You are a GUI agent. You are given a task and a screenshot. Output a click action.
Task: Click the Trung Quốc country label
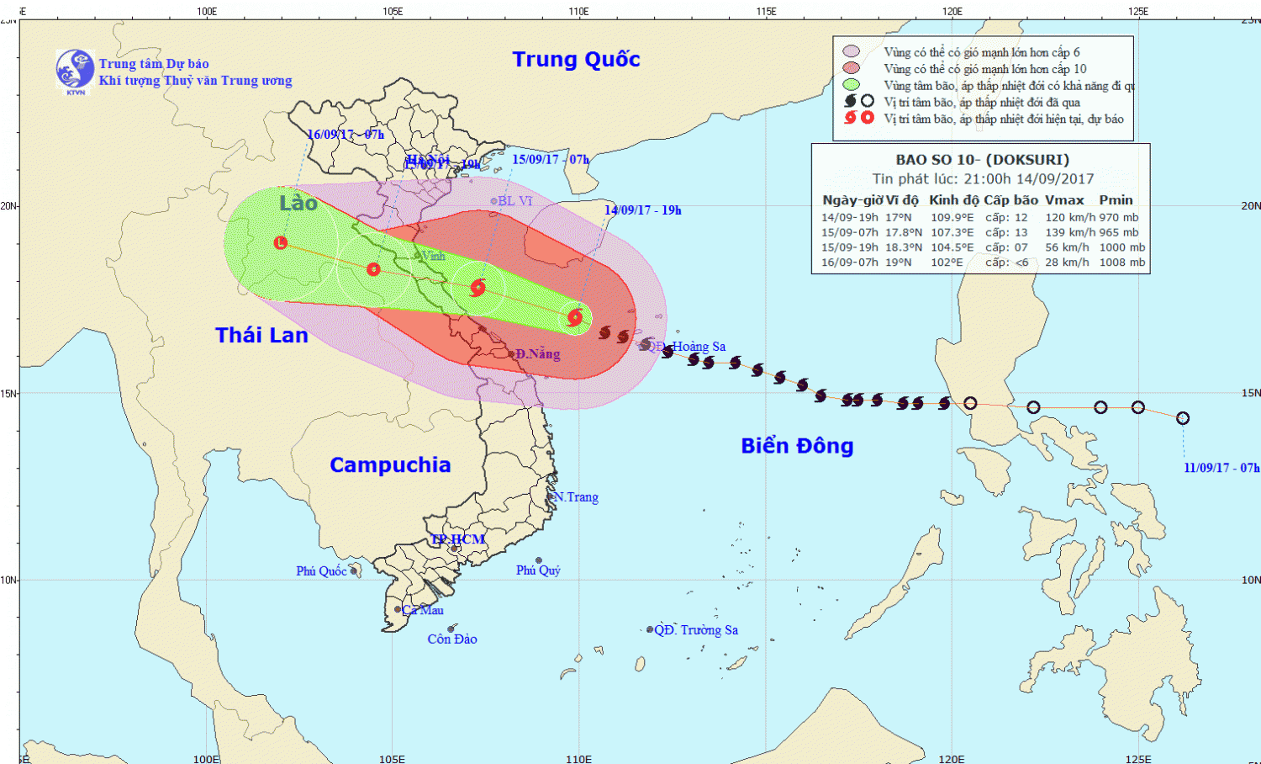coord(576,60)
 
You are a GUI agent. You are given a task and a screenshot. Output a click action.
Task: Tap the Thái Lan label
coord(261,336)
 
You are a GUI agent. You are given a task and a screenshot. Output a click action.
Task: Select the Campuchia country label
coord(390,465)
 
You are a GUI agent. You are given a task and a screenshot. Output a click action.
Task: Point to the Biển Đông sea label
coord(797,446)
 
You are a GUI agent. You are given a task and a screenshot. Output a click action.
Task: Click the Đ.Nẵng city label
coord(537,354)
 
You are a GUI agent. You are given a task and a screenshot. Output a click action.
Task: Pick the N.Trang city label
coord(577,497)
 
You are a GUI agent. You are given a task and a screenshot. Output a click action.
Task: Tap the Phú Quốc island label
coord(321,571)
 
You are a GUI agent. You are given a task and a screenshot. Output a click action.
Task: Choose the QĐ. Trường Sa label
coord(696,630)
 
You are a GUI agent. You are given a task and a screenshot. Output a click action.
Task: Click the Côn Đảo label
coord(452,639)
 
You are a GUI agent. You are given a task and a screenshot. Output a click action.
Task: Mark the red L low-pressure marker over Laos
coord(281,243)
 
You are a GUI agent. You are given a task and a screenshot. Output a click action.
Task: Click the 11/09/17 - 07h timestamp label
coord(1221,468)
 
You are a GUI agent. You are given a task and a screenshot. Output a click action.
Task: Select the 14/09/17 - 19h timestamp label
coord(642,210)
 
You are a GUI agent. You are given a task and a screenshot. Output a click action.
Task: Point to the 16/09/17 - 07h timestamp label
coord(345,135)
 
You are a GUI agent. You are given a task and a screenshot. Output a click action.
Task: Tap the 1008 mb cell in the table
coord(1121,263)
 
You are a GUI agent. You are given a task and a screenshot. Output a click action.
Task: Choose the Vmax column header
coord(1064,200)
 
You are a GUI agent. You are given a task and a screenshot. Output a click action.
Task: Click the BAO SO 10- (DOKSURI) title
coord(982,160)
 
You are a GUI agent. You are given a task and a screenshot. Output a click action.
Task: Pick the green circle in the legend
coord(851,85)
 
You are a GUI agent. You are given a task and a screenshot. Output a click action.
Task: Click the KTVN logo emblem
coord(75,69)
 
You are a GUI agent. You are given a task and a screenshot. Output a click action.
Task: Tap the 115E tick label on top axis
coord(766,11)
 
